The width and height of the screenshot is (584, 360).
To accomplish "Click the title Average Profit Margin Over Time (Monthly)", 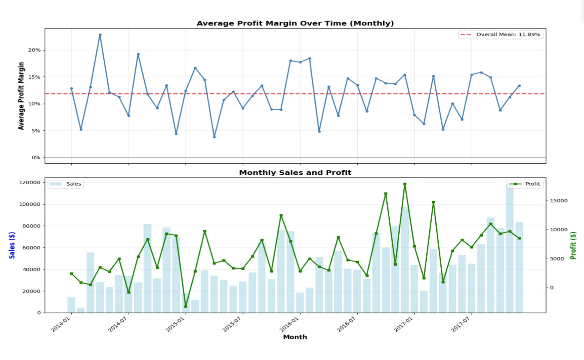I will point(295,23).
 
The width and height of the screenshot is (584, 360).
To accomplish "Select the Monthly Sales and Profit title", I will point(295,173).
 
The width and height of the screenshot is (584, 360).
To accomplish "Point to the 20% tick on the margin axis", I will point(34,50).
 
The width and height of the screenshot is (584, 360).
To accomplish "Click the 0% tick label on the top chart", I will point(36,158).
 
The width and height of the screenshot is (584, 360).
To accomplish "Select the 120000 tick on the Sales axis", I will point(30,183).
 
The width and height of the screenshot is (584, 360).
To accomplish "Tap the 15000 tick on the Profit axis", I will point(558,201).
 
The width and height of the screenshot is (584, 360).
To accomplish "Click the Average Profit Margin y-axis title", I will point(21,96).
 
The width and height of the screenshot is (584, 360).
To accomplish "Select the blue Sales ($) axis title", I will point(12,245).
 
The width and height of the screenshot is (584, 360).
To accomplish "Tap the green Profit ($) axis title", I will point(572,245).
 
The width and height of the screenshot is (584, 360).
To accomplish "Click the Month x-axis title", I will point(295,337).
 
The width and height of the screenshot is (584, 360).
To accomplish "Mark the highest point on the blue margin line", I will point(100,35).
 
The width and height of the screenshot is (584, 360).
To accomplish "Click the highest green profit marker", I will point(405,184).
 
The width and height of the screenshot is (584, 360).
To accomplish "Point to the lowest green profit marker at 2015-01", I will point(186,307).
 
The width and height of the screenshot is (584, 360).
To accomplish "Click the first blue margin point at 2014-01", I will point(71,88).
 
